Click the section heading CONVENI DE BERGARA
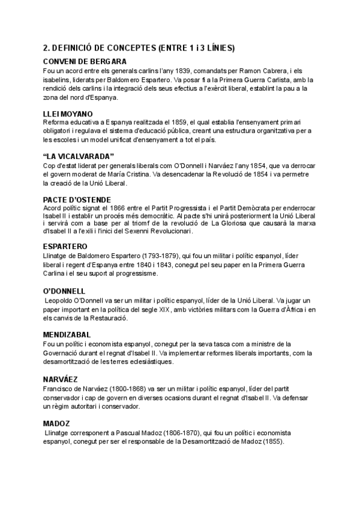tap(85, 61)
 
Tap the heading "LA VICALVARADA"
tap(79, 156)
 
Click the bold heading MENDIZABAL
tap(67, 334)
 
